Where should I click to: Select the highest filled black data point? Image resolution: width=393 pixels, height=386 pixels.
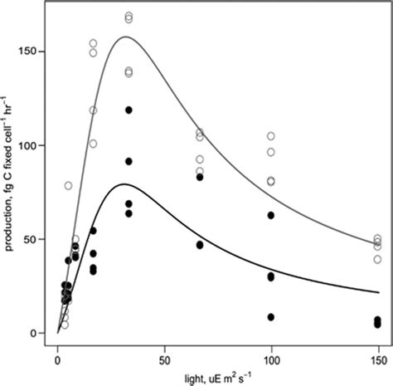(129, 110)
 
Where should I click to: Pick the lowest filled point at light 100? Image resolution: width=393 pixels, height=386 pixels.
(271, 317)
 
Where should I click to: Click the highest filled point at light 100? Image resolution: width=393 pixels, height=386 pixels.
(271, 215)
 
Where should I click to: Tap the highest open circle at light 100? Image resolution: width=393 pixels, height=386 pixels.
(271, 136)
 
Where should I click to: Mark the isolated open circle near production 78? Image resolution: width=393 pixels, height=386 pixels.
(68, 186)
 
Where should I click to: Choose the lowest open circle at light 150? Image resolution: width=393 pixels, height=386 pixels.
(377, 259)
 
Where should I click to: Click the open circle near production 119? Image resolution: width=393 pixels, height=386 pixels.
(93, 110)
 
